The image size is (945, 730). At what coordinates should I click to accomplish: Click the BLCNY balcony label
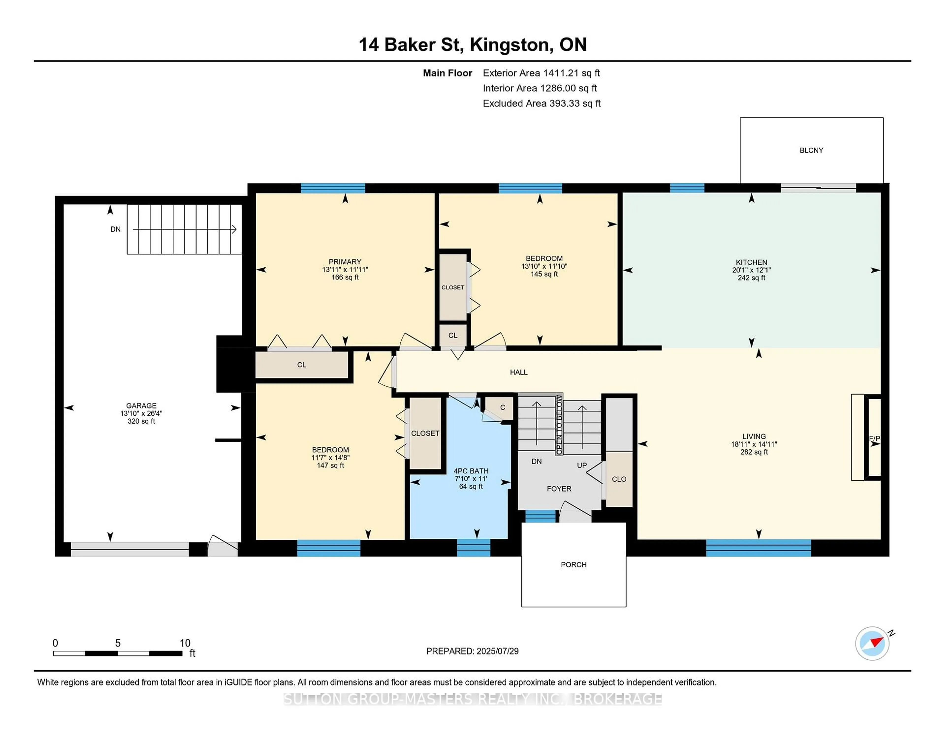pyautogui.click(x=811, y=151)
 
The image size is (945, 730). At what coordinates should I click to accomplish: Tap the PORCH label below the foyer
pyautogui.click(x=573, y=565)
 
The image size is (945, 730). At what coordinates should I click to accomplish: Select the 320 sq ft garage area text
pyautogui.click(x=141, y=421)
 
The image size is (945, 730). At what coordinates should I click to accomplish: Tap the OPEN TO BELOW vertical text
pyautogui.click(x=559, y=425)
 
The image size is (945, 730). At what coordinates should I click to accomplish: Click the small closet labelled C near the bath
pyautogui.click(x=502, y=407)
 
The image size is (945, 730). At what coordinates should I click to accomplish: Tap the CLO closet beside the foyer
pyautogui.click(x=619, y=479)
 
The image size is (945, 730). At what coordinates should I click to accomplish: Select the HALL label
pyautogui.click(x=518, y=372)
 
